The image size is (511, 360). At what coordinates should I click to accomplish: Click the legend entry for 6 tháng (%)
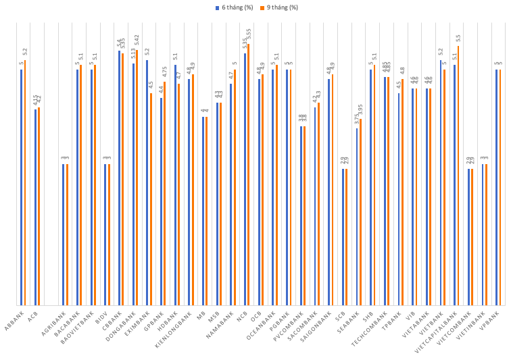[233, 7]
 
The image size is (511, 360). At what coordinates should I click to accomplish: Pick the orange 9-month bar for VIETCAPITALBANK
[458, 176]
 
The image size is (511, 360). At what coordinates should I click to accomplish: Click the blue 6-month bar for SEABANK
[357, 217]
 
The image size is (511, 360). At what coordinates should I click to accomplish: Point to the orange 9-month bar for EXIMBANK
[151, 199]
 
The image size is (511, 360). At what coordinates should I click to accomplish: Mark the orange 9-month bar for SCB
[347, 237]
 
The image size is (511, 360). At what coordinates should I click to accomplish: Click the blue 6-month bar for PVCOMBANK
[301, 215]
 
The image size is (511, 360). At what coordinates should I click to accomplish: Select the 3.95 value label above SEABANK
[360, 110]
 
